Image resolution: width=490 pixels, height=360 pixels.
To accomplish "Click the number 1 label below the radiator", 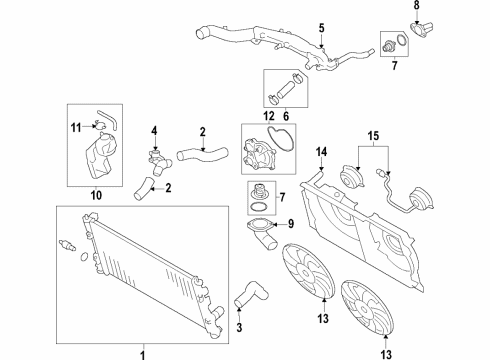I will click(x=141, y=352).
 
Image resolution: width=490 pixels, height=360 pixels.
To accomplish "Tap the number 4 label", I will click(x=155, y=130).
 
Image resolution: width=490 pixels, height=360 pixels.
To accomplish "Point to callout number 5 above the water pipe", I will click(x=321, y=26).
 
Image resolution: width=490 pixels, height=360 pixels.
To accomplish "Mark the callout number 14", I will click(x=321, y=152).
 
